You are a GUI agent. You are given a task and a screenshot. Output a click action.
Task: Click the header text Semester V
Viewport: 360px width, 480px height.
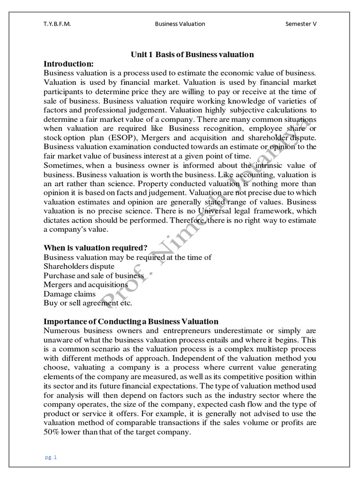point(301,24)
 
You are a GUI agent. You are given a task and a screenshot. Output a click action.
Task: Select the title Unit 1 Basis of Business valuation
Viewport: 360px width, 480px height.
point(192,54)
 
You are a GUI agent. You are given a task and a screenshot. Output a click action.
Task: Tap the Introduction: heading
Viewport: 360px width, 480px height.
point(69,63)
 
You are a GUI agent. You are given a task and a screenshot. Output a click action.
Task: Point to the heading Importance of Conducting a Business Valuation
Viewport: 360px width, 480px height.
point(131,321)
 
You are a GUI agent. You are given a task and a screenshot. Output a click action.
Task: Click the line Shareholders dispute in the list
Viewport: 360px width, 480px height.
point(79,266)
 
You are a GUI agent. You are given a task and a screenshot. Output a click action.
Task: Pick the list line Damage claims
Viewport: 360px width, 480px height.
point(69,293)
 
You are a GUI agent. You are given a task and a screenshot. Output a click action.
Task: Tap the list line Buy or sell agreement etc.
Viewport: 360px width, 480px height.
point(88,303)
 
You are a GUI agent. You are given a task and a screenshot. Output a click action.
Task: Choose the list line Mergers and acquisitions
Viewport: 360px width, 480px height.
point(86,285)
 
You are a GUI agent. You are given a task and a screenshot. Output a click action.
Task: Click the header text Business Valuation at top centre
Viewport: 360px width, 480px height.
point(180,24)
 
